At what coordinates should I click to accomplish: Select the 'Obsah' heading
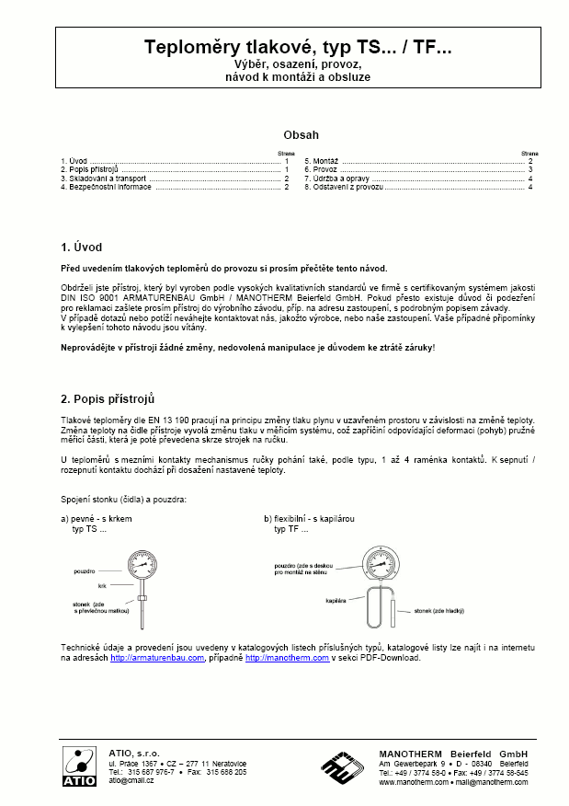pos(301,133)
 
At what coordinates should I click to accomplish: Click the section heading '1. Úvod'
pos(81,248)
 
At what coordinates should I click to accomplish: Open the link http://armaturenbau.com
pos(156,659)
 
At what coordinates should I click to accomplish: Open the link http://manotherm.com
pos(281,659)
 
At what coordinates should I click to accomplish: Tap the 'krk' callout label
pos(104,585)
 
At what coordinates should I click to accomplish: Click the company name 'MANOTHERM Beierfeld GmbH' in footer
pos(453,753)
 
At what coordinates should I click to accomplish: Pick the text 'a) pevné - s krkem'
pos(95,519)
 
